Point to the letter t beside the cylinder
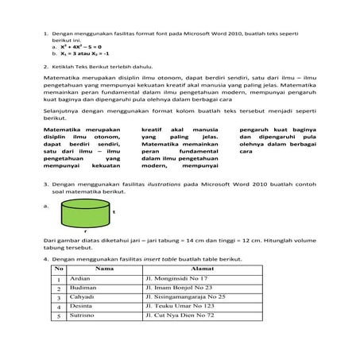pos(114,213)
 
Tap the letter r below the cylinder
pos(85,230)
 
